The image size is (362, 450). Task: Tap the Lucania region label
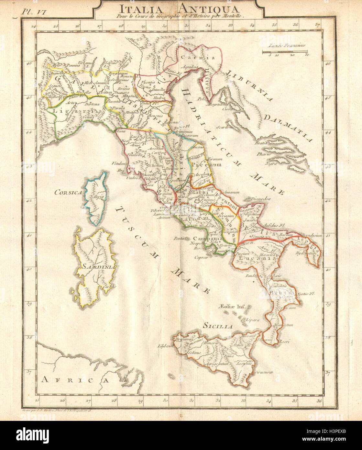click(258, 259)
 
